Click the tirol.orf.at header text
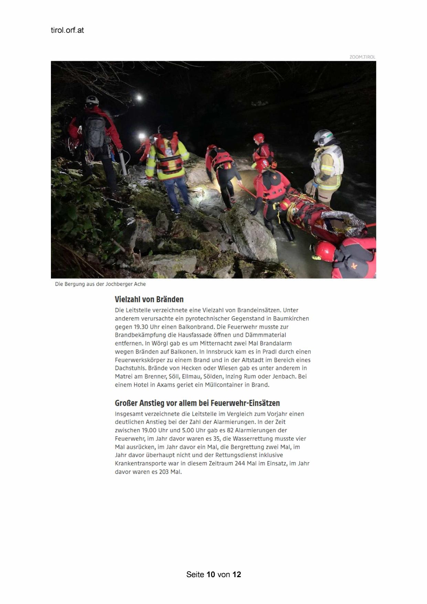point(67,30)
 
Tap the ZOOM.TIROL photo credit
point(362,57)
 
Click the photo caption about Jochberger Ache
point(100,284)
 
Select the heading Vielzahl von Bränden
point(149,299)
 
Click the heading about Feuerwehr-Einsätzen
point(197,403)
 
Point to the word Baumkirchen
point(291,319)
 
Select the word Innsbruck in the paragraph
point(220,352)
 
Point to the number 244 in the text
point(240,464)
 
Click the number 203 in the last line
point(164,472)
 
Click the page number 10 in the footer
point(211,574)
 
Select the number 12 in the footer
point(237,574)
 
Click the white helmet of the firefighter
point(323,136)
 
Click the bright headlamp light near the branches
point(139,98)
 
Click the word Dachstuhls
point(130,368)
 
